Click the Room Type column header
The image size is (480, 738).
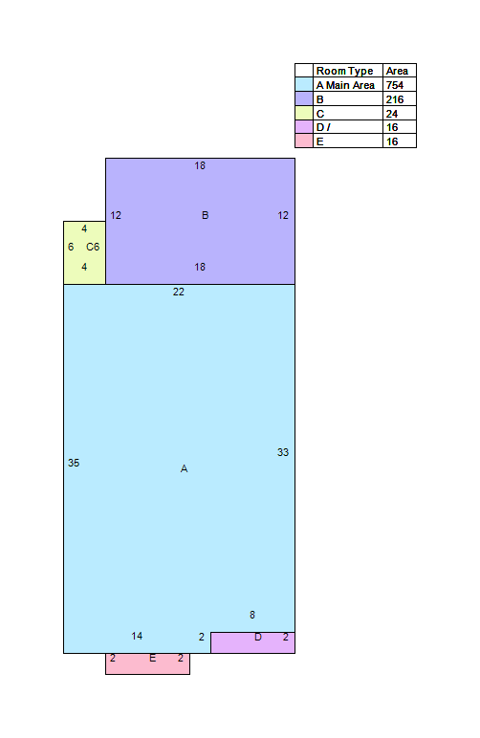344,71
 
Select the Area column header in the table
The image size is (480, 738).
397,71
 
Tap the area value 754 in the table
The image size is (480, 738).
394,85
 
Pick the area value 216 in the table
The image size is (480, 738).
394,99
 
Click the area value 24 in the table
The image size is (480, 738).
391,114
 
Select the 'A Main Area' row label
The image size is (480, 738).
345,85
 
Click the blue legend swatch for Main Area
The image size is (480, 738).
304,85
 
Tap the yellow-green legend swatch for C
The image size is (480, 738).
304,113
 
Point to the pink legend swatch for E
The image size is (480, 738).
304,141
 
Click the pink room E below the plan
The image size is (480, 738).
148,664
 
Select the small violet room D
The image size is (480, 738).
252,642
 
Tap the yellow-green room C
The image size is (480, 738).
85,252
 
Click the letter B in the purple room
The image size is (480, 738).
206,215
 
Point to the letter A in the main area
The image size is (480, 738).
184,468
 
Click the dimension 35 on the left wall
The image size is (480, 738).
74,463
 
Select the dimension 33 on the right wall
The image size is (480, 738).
283,452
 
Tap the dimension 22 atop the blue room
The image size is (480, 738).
179,292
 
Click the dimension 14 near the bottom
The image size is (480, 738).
137,636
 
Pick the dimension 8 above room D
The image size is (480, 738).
252,615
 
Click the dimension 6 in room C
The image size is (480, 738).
71,247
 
